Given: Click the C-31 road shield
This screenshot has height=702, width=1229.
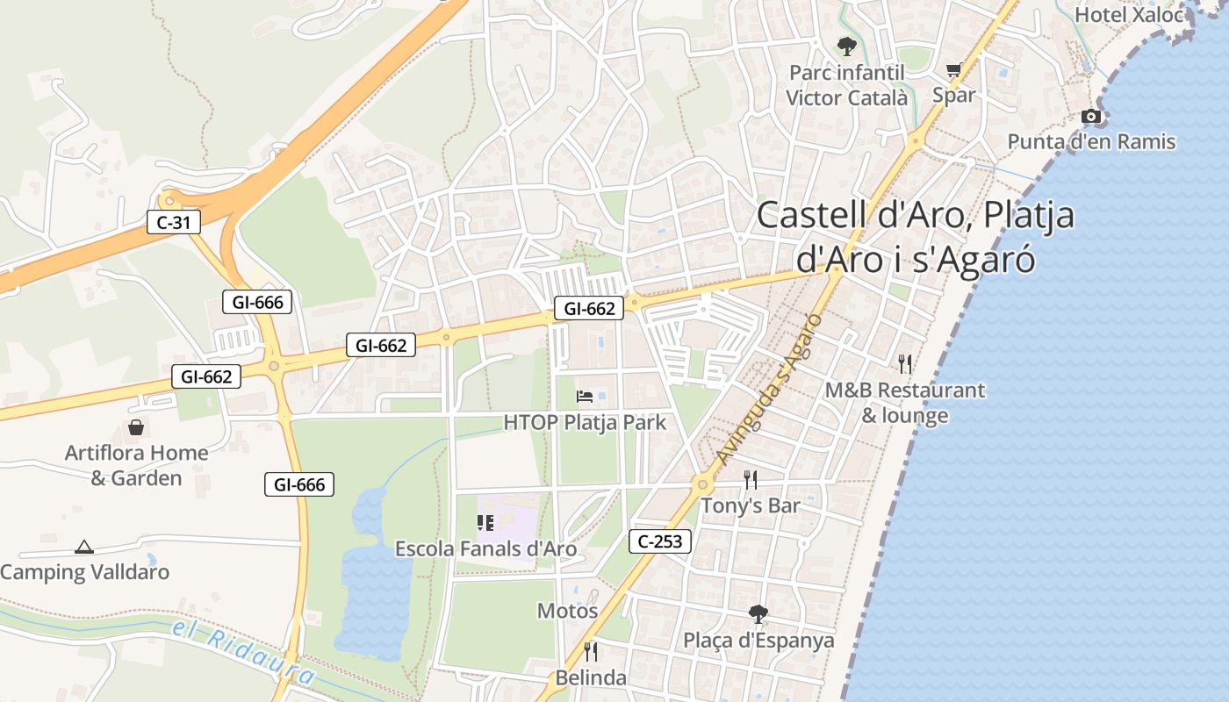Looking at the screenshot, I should (174, 223).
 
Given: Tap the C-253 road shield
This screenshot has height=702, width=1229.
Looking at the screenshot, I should (660, 541).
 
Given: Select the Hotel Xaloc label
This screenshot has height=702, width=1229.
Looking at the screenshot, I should (1129, 15).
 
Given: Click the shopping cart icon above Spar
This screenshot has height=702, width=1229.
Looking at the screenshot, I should (954, 70).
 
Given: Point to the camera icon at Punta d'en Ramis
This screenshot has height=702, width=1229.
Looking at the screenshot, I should (1090, 116).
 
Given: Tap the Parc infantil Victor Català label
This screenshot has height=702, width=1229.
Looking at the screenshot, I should (846, 85).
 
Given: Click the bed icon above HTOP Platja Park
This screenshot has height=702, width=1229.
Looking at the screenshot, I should (585, 397).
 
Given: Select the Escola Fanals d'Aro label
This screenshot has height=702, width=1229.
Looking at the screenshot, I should (485, 549).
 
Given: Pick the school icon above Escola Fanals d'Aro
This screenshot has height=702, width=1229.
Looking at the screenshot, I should (485, 523).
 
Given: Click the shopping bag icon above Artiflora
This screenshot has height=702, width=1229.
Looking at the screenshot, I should (136, 427).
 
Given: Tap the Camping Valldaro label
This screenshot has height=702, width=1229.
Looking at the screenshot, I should (85, 572).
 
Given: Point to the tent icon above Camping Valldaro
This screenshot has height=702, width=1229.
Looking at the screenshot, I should (84, 547).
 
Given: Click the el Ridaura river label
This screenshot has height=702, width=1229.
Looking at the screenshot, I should (243, 651).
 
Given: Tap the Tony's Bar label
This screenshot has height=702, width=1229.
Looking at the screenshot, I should (751, 505).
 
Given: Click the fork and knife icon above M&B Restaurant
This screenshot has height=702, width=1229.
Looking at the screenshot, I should (905, 363).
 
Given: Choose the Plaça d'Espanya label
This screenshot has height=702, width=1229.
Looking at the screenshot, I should (758, 641).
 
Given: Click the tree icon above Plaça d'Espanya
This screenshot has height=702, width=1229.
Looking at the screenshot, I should (758, 613).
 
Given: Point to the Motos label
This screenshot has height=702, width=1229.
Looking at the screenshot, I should (568, 611).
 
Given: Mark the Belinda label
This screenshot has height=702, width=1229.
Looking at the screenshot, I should (591, 677).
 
